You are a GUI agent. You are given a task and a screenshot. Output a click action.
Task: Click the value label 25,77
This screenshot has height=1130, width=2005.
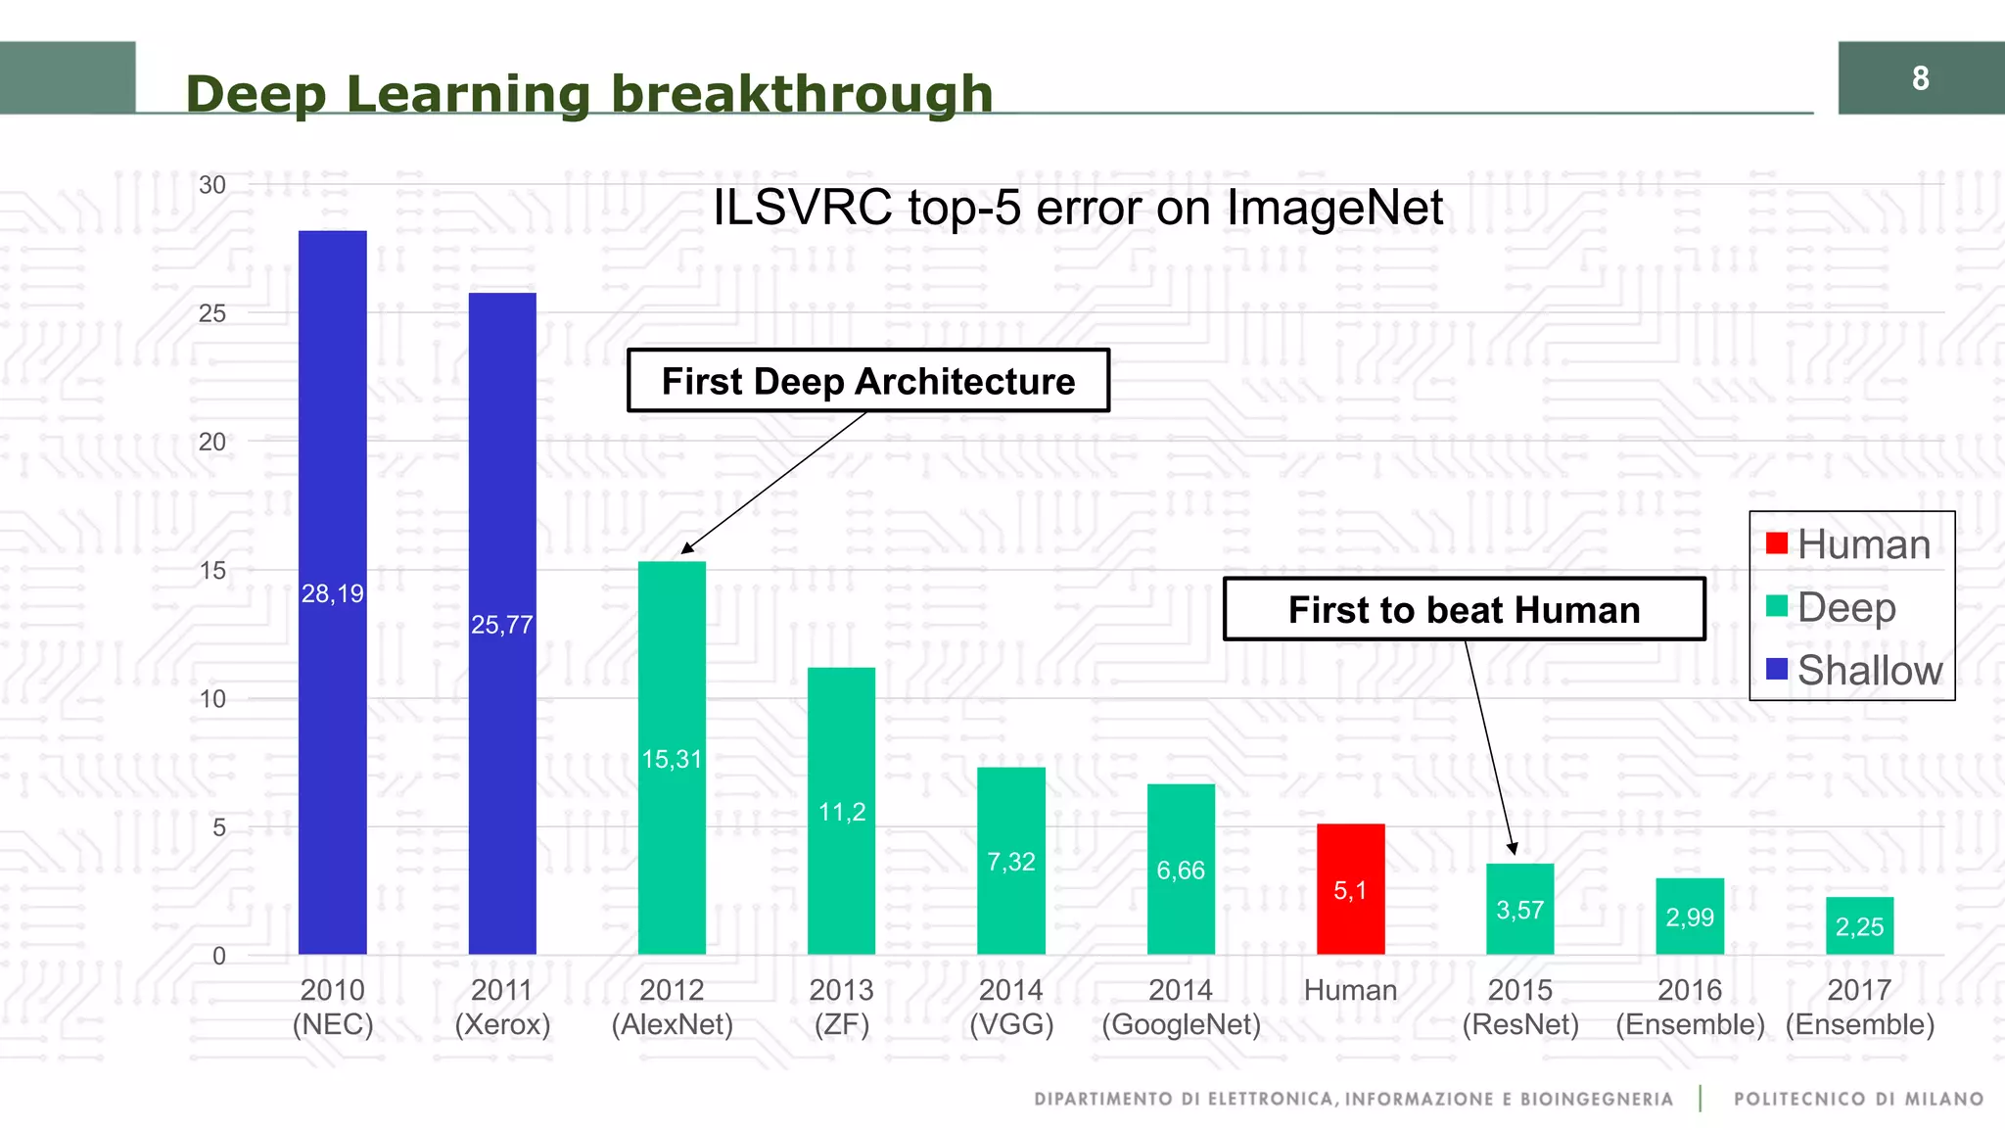(501, 625)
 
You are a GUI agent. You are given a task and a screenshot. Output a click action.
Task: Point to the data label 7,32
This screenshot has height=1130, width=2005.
(1010, 862)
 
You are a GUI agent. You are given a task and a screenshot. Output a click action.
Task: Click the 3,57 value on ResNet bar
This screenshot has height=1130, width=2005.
(1519, 911)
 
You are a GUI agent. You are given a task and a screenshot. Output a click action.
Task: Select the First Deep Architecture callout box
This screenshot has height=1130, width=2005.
(867, 381)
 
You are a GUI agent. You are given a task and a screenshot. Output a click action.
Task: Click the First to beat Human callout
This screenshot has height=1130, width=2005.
(1464, 609)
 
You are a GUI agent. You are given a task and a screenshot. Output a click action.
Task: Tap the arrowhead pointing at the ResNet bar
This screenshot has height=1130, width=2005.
(1513, 848)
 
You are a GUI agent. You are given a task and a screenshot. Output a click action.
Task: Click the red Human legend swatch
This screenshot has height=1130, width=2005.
(1777, 542)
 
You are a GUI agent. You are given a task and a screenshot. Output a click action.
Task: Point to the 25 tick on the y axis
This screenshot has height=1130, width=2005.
(211, 313)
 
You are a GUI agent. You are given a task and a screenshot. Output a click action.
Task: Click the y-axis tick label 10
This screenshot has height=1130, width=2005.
(211, 699)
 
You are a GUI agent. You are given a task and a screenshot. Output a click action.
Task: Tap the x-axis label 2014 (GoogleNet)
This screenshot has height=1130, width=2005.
(1181, 1007)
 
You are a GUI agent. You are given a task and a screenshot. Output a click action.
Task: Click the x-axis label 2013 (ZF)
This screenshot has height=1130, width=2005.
(841, 1007)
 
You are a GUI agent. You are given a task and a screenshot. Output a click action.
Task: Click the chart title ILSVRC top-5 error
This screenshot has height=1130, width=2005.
(1077, 208)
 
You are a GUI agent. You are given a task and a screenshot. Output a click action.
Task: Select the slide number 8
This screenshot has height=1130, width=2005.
(1920, 78)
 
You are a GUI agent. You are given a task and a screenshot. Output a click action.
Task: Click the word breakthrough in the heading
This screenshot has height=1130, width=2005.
(801, 95)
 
